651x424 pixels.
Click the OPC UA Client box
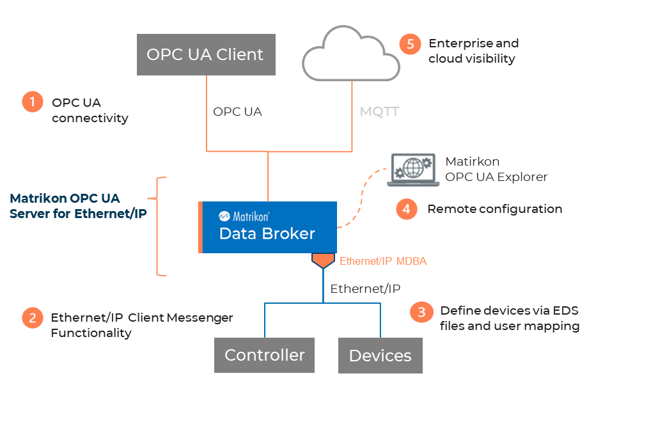tap(205, 54)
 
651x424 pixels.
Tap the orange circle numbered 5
tap(410, 44)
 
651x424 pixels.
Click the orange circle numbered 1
tap(32, 102)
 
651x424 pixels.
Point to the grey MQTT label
tap(379, 112)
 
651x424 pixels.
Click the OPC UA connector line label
tap(237, 112)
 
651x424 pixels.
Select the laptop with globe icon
tap(412, 171)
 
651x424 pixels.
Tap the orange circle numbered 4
tap(406, 209)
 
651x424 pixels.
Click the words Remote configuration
tap(494, 209)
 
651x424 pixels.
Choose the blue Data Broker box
tap(269, 227)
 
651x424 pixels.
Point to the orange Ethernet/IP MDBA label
tap(382, 261)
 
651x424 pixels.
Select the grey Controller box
tap(264, 355)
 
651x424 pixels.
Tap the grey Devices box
tap(380, 356)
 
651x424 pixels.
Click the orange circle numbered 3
tap(421, 311)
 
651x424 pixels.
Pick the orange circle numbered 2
tap(32, 318)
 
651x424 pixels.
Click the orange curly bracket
tap(160, 226)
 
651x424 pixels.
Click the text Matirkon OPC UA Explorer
tap(496, 169)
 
